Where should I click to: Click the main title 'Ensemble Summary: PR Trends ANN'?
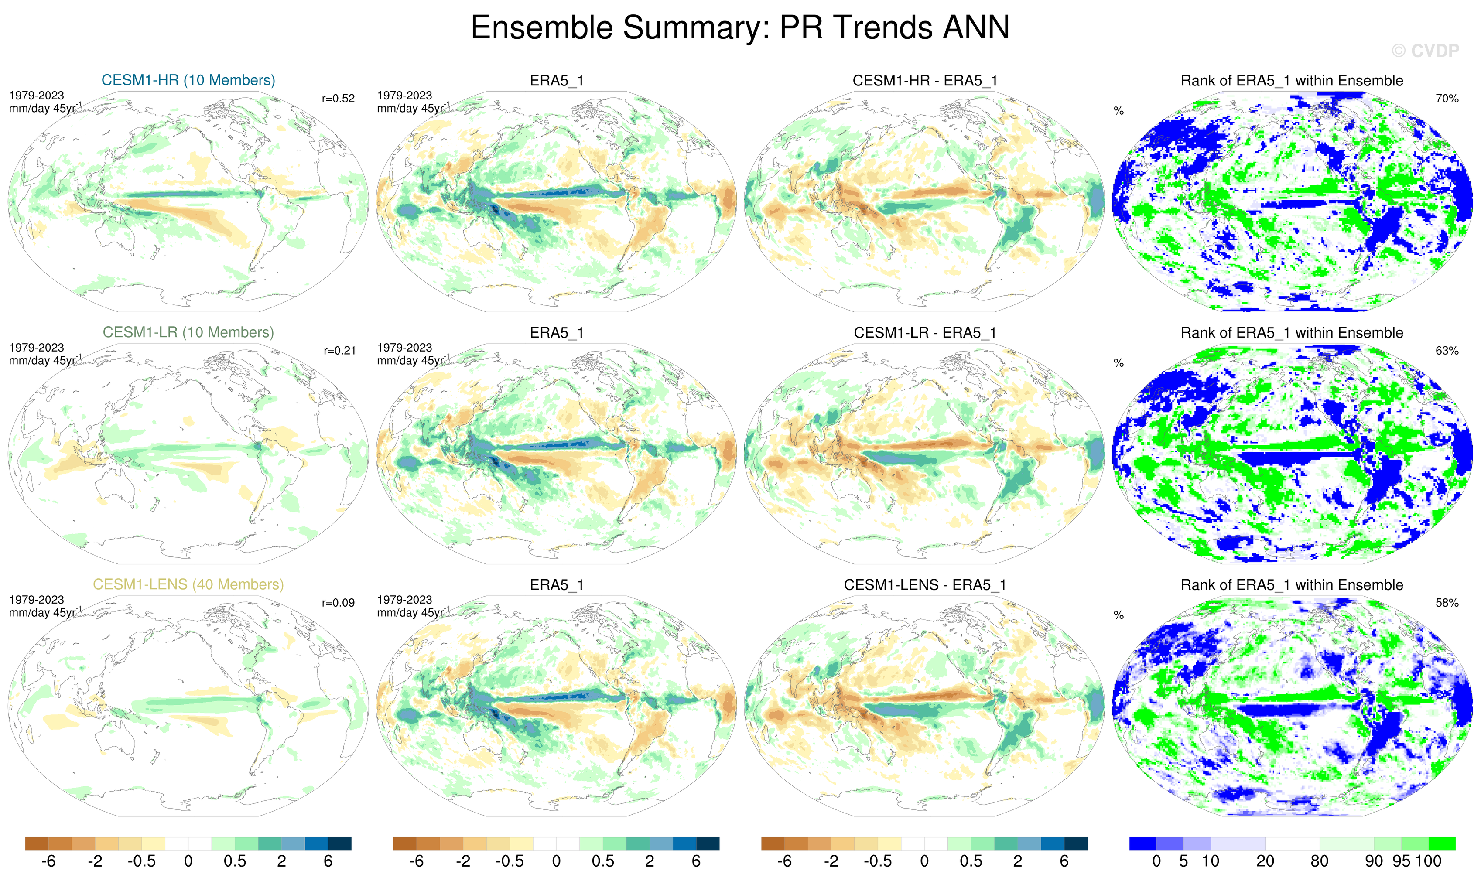[x=740, y=27]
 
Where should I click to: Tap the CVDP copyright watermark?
[x=1425, y=51]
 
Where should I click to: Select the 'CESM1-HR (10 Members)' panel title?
[x=188, y=80]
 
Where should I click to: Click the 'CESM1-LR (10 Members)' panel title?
[x=188, y=332]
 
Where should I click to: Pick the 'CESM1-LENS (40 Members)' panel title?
[x=188, y=585]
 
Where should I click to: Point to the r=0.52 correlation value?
[x=338, y=99]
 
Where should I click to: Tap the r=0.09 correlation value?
[x=338, y=603]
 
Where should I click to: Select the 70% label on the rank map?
[x=1447, y=99]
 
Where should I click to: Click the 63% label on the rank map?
[x=1447, y=351]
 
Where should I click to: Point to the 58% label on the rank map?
[x=1447, y=603]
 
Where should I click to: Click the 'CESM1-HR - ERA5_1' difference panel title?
[x=924, y=81]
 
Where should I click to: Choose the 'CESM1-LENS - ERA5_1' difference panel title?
[x=924, y=585]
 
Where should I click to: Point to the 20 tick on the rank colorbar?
[x=1265, y=861]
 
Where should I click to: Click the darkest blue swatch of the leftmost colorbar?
[x=340, y=843]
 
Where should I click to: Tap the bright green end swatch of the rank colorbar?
[x=1441, y=843]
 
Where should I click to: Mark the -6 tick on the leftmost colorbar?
[x=48, y=861]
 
